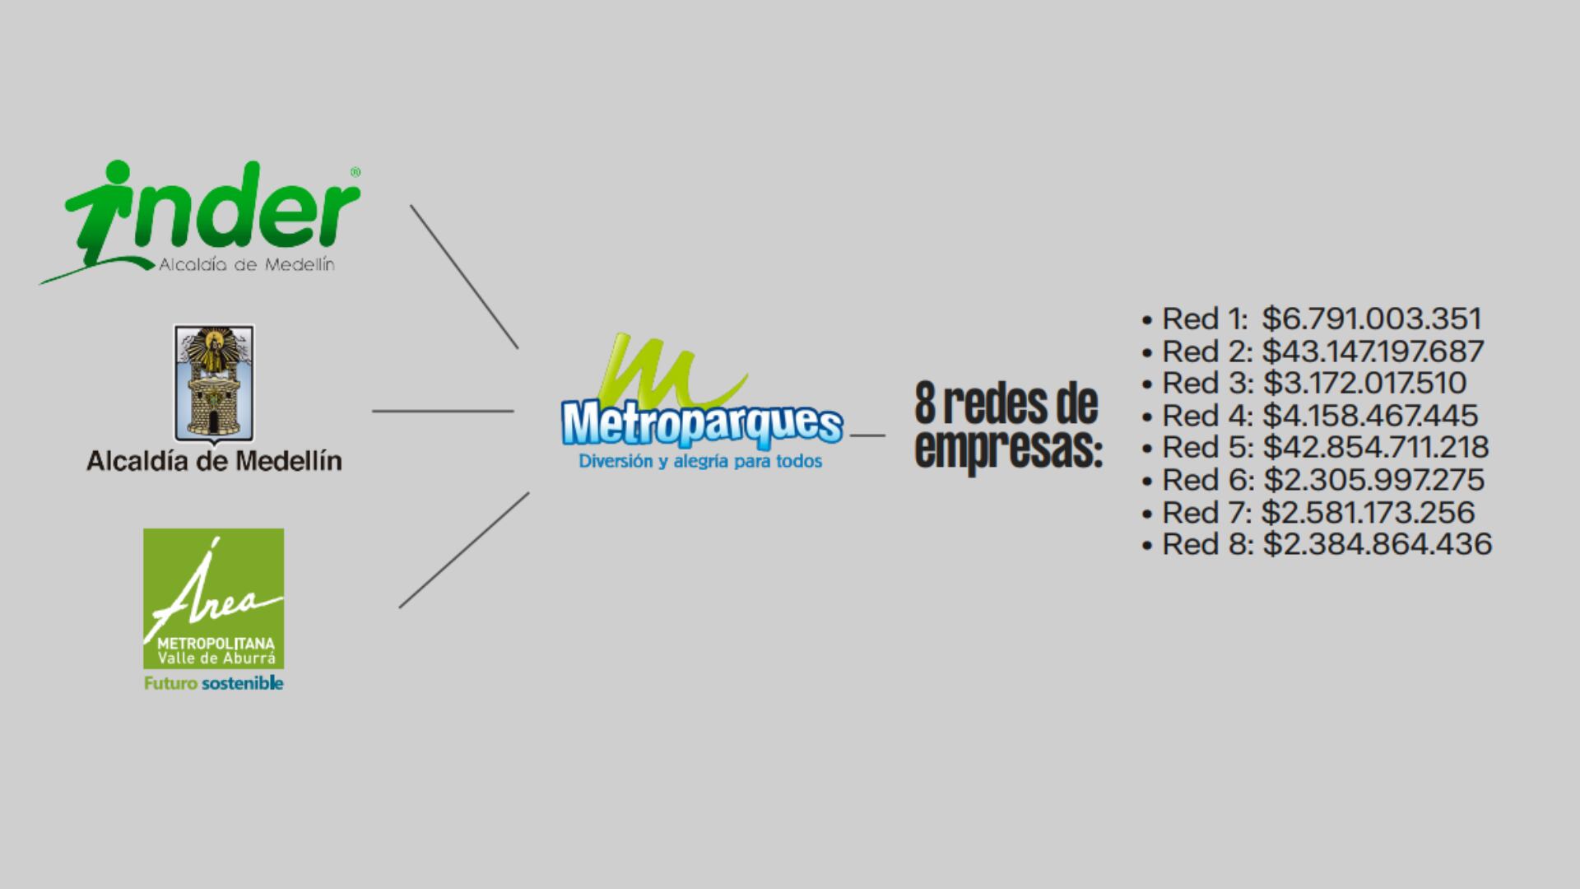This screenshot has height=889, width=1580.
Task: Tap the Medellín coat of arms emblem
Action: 214,383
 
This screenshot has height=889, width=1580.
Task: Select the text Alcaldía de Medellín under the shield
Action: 214,461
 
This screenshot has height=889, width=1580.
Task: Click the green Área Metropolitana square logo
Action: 214,598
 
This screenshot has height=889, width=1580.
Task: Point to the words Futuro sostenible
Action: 214,683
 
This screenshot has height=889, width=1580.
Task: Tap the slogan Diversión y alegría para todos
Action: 700,462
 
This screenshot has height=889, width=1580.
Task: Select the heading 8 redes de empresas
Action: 1007,426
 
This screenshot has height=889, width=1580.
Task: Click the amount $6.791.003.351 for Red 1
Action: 1371,319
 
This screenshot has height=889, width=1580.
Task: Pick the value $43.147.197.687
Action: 1373,351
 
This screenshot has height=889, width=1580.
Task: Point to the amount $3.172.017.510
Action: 1364,384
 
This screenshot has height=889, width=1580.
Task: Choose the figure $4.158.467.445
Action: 1370,416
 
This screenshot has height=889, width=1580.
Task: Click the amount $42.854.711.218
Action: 1375,448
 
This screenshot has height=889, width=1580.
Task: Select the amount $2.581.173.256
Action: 1368,512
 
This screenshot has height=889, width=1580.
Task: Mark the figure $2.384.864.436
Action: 1377,544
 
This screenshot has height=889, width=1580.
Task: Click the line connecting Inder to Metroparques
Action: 464,277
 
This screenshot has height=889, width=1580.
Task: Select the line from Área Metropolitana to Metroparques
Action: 464,550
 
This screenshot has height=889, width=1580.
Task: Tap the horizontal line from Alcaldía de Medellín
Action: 443,411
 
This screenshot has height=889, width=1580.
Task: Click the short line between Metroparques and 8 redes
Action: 867,435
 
